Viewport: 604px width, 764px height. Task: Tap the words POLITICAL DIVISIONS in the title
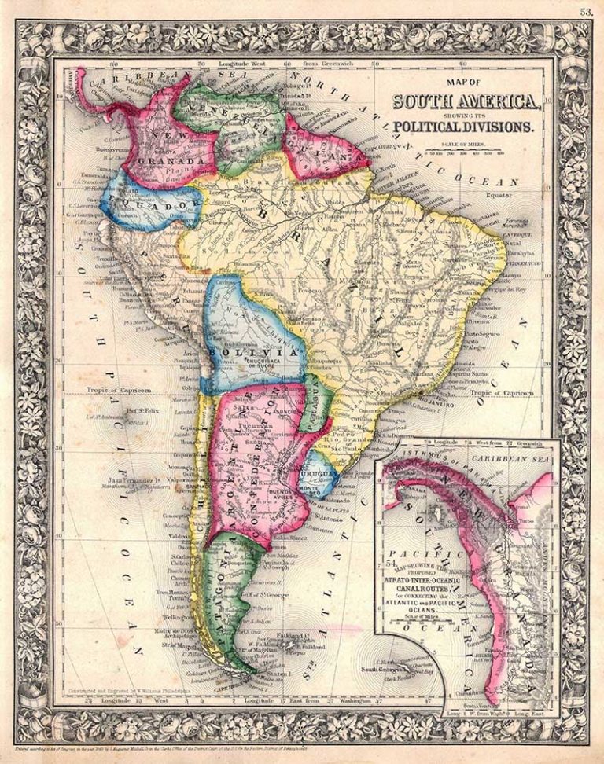[x=464, y=126]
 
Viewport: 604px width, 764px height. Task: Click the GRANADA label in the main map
[x=164, y=162]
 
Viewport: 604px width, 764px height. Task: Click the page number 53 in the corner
[x=586, y=11]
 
